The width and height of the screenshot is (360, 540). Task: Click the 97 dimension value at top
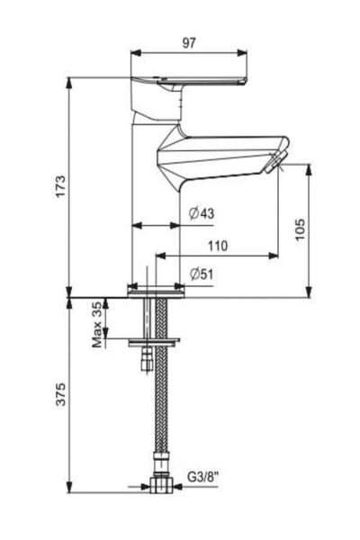[188, 41]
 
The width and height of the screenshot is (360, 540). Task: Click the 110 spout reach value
[216, 245]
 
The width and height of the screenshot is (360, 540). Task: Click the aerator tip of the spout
[274, 163]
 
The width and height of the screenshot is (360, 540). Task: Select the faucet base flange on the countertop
[157, 291]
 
